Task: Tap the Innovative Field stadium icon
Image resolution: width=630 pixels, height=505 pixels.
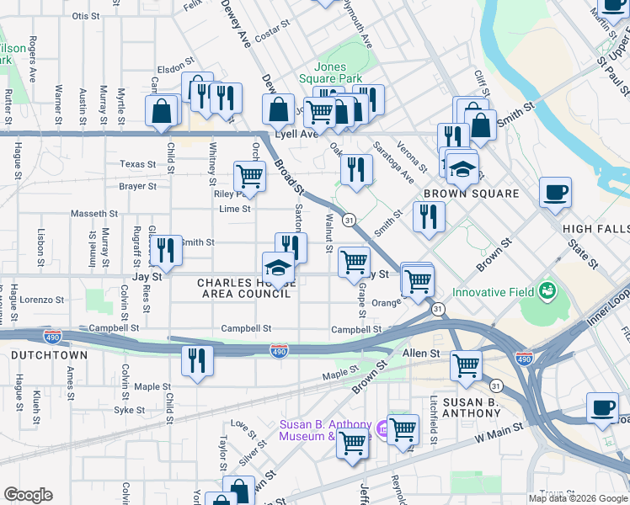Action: (x=549, y=292)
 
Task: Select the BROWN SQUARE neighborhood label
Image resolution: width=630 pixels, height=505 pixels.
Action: (x=471, y=194)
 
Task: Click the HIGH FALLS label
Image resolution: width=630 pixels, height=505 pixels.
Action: (x=596, y=229)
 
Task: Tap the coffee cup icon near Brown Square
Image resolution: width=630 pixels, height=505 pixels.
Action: (x=555, y=192)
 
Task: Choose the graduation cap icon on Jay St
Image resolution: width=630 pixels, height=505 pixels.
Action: (x=279, y=268)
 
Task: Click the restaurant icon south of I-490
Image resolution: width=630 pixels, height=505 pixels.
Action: (x=197, y=360)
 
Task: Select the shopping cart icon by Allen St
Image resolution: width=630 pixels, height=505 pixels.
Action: (x=466, y=365)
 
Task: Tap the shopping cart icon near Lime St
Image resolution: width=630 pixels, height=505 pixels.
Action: (x=249, y=177)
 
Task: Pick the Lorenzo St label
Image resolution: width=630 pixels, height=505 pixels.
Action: (x=43, y=300)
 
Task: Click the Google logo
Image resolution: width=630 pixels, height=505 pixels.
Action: (x=28, y=495)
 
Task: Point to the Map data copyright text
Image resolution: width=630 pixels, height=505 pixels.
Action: (x=579, y=498)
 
